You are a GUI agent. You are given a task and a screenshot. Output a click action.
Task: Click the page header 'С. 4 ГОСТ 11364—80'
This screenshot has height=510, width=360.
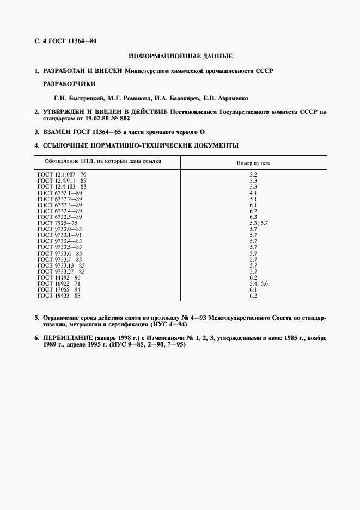[x=65, y=41]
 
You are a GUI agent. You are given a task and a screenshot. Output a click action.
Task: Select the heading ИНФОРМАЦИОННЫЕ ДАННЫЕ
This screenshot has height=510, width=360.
[x=180, y=56]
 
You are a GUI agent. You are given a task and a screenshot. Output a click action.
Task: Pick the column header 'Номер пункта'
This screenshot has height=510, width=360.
[x=253, y=163]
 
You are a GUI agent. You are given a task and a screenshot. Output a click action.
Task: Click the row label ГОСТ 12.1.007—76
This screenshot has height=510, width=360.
[x=62, y=174]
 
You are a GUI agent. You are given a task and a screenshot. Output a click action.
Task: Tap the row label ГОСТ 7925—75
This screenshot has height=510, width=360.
[x=58, y=223]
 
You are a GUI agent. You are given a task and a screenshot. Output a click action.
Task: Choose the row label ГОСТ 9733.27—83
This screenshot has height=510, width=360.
[x=62, y=271]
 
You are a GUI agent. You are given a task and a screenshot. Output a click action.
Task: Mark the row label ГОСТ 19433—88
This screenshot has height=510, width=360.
[x=59, y=295]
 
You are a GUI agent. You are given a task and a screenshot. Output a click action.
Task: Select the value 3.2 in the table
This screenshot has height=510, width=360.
[x=253, y=174]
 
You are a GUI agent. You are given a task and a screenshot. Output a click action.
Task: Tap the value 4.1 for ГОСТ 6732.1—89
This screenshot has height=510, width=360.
[x=253, y=192]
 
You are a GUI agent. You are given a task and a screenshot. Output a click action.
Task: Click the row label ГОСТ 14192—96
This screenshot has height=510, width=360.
[x=59, y=277]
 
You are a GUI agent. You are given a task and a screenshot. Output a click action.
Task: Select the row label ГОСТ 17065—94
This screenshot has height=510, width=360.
[x=59, y=289]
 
